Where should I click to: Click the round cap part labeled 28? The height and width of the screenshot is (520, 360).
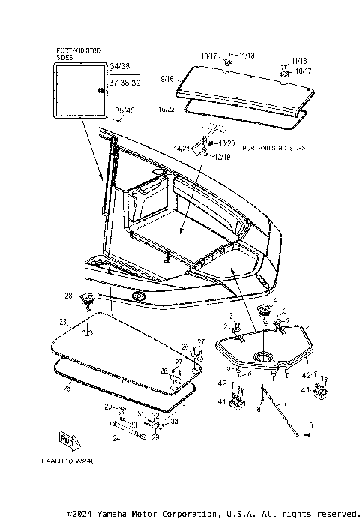[x=87, y=299]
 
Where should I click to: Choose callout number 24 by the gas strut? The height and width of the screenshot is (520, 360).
[x=116, y=439]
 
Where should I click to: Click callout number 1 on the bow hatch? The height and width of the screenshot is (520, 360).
[x=313, y=324]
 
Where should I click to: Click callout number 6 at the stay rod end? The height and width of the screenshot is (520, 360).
[x=311, y=425]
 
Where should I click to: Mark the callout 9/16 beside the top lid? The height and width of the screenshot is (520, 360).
[x=166, y=77]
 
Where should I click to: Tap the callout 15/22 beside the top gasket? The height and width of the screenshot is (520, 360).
[x=167, y=109]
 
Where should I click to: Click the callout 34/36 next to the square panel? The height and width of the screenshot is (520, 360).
[x=119, y=66]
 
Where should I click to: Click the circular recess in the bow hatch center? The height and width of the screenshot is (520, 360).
[x=263, y=356]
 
